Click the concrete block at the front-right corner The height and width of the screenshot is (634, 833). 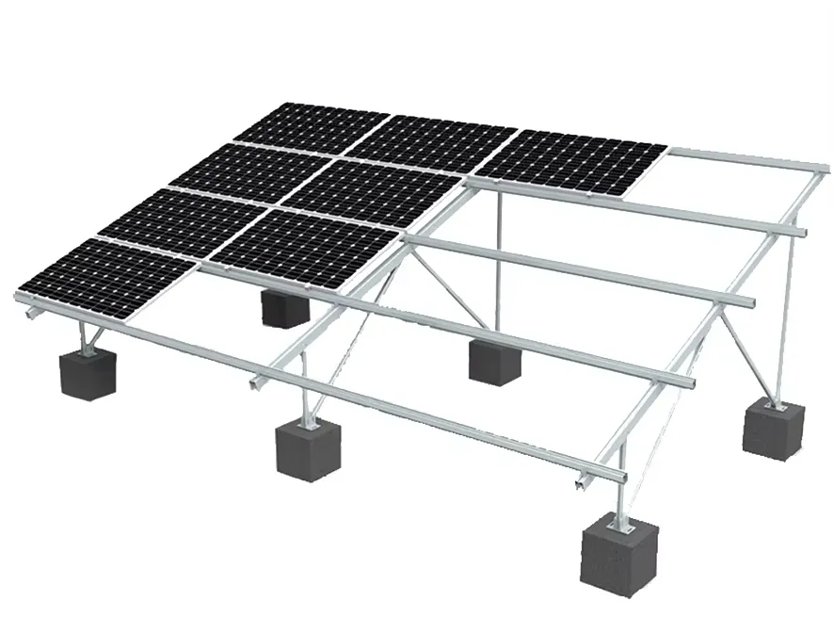click(617, 556)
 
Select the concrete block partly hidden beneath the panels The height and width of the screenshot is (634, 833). click(283, 307)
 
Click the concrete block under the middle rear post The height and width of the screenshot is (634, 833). click(494, 361)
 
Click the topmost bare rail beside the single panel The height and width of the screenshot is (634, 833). click(744, 157)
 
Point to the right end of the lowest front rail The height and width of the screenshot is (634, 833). click(579, 483)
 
